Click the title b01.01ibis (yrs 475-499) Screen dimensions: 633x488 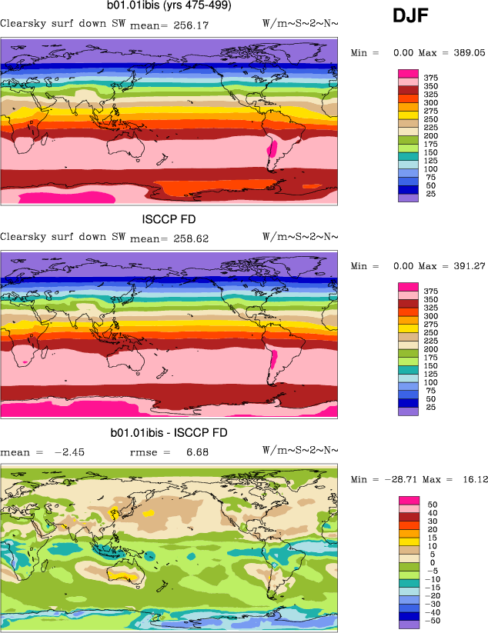point(170,6)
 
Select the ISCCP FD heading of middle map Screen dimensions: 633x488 point(169,220)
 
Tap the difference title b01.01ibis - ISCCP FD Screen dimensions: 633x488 point(169,433)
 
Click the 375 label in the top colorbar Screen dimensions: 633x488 point(430,78)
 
